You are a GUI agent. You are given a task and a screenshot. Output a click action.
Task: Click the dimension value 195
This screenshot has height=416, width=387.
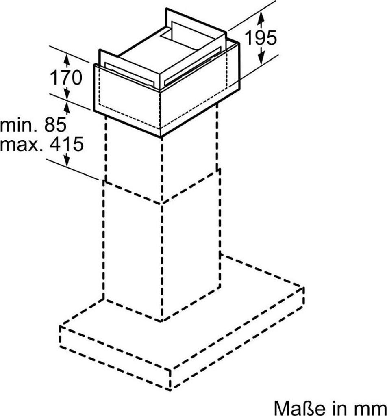pyautogui.click(x=261, y=37)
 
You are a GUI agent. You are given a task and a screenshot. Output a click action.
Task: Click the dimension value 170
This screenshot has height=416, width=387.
pyautogui.click(x=65, y=77)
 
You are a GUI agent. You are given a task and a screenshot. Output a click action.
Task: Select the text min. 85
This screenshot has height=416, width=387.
pyautogui.click(x=33, y=125)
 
